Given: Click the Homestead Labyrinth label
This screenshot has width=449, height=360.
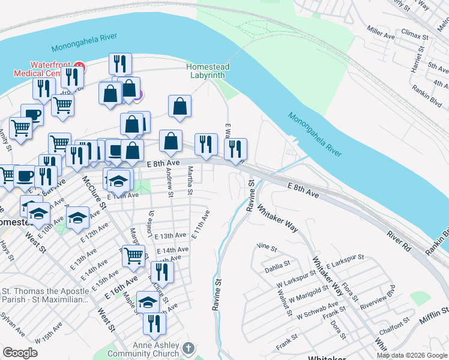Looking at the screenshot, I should click(x=207, y=71).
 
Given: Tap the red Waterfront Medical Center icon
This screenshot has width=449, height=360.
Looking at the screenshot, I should click(x=79, y=67).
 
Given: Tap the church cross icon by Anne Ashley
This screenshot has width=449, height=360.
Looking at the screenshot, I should click(x=188, y=348).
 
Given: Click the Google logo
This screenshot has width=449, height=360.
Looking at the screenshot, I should click(x=20, y=353).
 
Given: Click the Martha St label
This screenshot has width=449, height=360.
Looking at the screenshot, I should click(x=190, y=181).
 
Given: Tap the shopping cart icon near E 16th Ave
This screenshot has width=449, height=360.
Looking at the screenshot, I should click(x=133, y=256).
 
